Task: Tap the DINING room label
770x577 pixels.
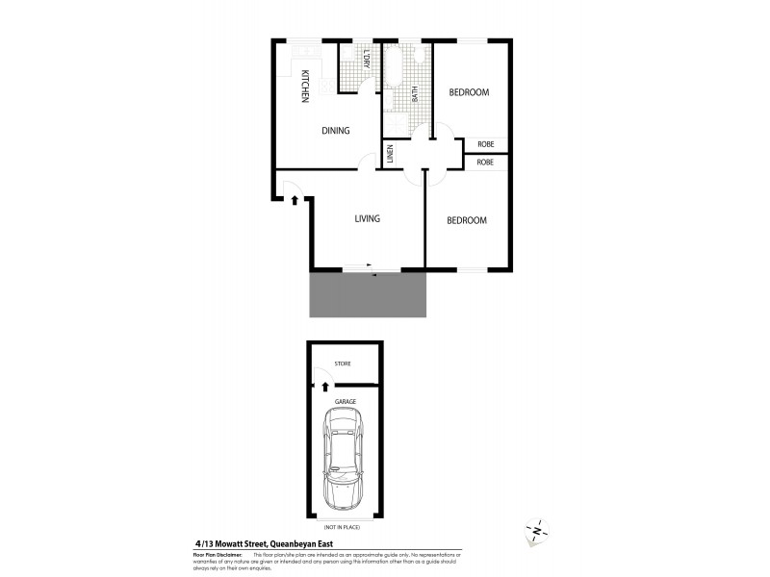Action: tap(335, 131)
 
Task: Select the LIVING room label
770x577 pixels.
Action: tap(367, 218)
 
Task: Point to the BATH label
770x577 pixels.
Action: tap(415, 94)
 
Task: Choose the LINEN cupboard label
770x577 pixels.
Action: tap(391, 154)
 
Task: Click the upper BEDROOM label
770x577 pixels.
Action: tap(470, 92)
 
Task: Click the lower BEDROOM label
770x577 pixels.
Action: tap(467, 220)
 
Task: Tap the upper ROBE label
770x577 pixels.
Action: tap(486, 144)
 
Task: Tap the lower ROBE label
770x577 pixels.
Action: tap(486, 163)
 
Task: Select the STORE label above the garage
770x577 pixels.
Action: tap(342, 364)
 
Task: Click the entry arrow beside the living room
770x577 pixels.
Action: tap(295, 201)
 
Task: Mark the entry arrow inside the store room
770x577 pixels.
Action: tap(324, 387)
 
